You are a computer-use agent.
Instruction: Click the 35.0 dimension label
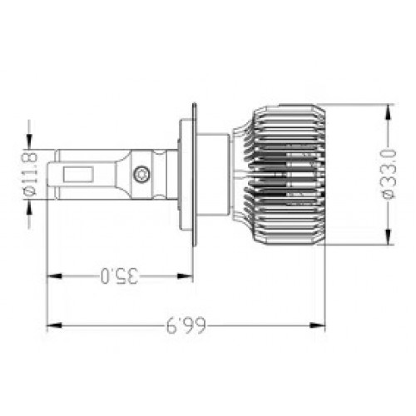click(119, 275)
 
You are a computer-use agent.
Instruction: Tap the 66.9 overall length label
click(186, 325)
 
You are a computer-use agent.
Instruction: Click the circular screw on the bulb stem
click(141, 174)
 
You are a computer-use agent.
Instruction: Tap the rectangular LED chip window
click(78, 175)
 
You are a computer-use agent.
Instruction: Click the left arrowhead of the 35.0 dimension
click(54, 276)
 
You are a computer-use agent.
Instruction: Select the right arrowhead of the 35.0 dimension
click(185, 276)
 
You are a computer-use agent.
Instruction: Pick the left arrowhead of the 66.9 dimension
click(54, 325)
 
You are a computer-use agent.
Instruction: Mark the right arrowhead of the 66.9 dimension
click(317, 325)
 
